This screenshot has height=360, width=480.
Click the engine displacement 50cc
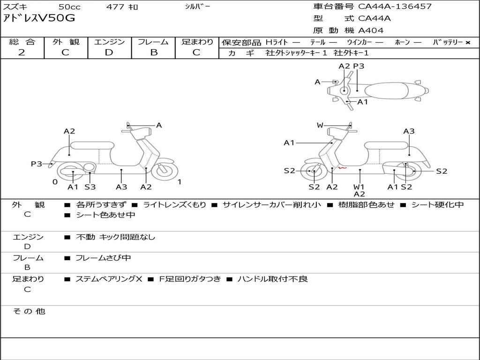pos(69,7)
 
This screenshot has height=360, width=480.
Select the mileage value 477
pos(116,7)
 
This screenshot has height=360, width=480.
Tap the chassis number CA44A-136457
pos(395,7)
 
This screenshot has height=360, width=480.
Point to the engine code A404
pos(371,30)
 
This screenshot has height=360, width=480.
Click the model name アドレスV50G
pos(39,18)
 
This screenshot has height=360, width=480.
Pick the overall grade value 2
pos(22,52)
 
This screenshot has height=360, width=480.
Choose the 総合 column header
pos(22,42)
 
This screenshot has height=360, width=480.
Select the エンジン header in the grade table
pos(109,42)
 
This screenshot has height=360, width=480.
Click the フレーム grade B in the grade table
pos(153,52)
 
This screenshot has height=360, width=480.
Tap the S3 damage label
pos(90,187)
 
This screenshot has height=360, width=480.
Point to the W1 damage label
pos(359,187)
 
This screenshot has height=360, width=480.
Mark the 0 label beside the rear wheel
pos(55,182)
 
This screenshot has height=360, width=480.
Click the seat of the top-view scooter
pos(387,90)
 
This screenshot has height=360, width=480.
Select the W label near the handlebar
pos(320,125)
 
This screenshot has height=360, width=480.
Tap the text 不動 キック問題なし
pos(115,237)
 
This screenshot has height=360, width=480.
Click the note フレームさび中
pos(103,258)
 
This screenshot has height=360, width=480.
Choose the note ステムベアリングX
pos(109,279)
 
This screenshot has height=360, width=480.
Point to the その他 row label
pos(29,311)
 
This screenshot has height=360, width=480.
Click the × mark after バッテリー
pos(467,42)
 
